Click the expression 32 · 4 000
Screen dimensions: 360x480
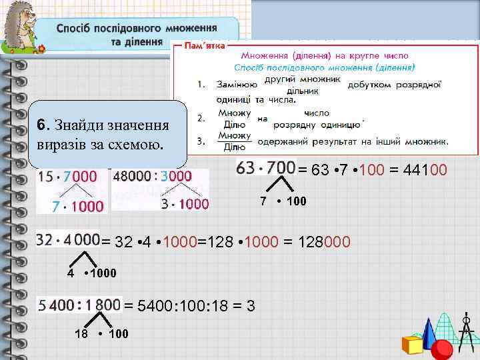(68, 240)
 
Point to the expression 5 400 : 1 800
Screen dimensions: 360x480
(79, 305)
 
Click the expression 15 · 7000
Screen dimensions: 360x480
(67, 177)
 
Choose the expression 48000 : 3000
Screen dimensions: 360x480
(153, 177)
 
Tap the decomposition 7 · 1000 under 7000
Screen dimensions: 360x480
(78, 207)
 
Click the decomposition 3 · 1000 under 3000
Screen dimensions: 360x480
(185, 204)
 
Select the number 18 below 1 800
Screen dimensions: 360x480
(80, 333)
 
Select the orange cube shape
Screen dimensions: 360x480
(412, 344)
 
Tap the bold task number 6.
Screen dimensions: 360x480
(41, 125)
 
